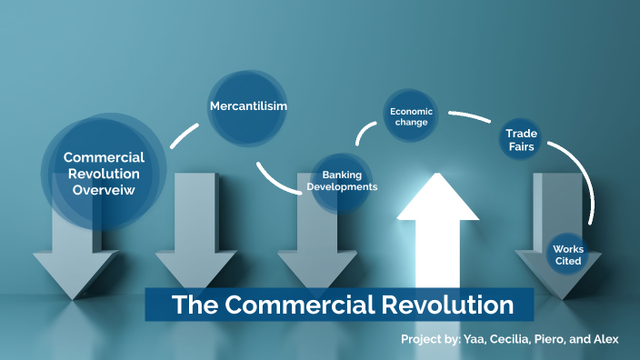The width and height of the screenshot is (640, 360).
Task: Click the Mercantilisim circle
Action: (x=248, y=107)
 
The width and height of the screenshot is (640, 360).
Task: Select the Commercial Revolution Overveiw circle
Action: (x=104, y=173)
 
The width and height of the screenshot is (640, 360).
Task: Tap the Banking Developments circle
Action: (x=341, y=180)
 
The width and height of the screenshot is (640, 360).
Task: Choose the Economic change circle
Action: (x=411, y=116)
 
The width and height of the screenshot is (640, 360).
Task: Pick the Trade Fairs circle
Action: (x=521, y=139)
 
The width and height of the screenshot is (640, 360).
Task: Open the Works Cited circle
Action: (x=569, y=255)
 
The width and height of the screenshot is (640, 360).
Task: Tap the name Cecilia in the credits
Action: (x=504, y=339)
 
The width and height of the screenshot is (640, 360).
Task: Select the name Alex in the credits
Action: (x=605, y=339)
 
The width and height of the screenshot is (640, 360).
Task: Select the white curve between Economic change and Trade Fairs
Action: (x=472, y=117)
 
